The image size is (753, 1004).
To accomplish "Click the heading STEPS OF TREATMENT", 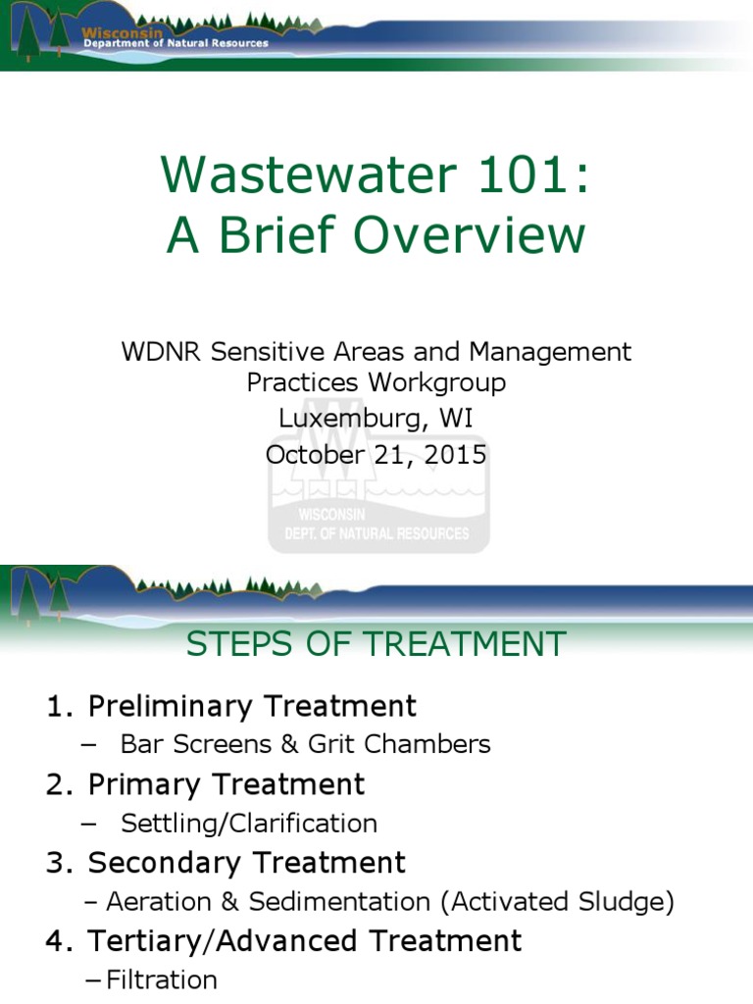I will pyautogui.click(x=376, y=644).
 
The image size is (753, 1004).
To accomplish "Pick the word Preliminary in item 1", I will pyautogui.click(x=184, y=706).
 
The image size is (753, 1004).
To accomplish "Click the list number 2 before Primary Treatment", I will pyautogui.click(x=56, y=784).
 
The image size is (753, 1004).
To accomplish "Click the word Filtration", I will pyautogui.click(x=162, y=979).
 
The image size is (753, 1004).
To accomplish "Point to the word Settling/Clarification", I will pyautogui.click(x=249, y=823).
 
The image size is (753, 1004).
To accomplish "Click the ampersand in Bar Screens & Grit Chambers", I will pyautogui.click(x=289, y=744).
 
